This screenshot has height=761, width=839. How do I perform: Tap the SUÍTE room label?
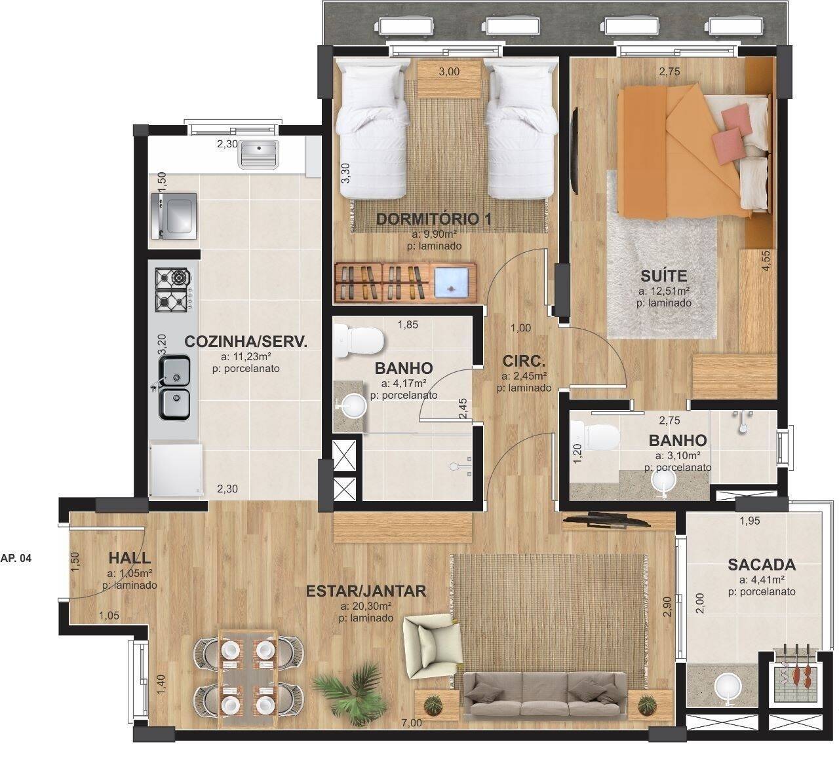tap(663, 275)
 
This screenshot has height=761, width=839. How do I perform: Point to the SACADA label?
tap(762, 565)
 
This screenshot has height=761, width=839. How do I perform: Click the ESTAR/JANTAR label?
tap(366, 591)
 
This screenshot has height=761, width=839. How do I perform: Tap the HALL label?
tap(129, 559)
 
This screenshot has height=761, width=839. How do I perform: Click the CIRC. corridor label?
tap(524, 361)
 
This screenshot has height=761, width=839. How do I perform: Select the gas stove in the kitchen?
tap(173, 289)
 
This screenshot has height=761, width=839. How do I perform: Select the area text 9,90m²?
tap(434, 234)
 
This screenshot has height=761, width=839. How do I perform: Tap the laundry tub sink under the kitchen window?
tap(260, 155)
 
